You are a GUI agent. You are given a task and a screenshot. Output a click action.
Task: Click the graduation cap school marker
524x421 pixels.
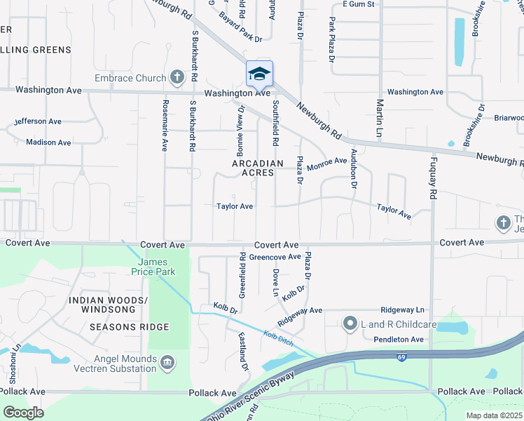coord(259,73)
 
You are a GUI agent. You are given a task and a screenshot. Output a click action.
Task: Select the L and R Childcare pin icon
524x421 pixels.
coord(350,324)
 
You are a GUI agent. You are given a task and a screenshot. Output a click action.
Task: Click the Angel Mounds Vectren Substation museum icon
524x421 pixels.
coord(167,362)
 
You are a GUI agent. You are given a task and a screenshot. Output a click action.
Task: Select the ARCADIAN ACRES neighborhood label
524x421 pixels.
coord(258,168)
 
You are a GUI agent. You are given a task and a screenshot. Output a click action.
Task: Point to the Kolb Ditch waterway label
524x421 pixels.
coord(279,338)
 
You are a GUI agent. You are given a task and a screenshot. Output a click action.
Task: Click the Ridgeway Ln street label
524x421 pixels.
coord(402,309)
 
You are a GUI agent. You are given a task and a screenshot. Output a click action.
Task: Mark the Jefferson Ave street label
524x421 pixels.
coord(38,121)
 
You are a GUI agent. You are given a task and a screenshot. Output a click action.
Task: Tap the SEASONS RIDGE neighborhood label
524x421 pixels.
coord(129,327)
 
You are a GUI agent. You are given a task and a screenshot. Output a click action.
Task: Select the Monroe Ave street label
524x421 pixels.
coord(326,163)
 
